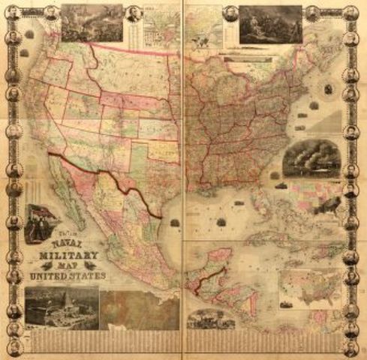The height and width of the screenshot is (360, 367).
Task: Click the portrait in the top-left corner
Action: click(13, 11)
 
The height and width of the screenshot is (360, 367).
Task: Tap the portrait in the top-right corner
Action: click(351, 12)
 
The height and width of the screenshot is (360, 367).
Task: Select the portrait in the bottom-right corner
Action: click(351, 348)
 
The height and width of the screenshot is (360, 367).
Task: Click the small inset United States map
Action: click(310, 289)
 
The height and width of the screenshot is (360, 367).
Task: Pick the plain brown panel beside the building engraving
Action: click(138, 310)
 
